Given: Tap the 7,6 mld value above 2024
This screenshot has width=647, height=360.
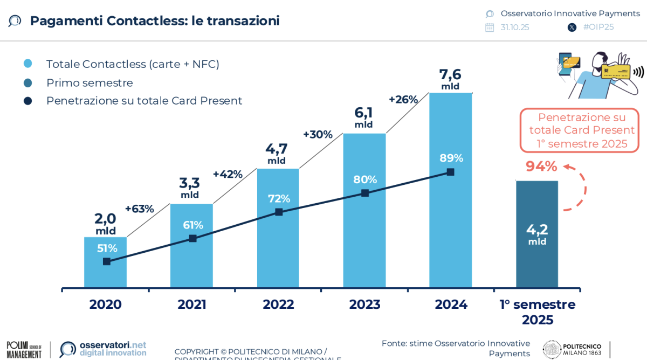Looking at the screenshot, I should pyautogui.click(x=450, y=79).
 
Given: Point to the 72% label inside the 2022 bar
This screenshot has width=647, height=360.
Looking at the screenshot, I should pyautogui.click(x=279, y=198).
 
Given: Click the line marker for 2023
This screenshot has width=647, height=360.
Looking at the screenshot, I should pyautogui.click(x=365, y=193).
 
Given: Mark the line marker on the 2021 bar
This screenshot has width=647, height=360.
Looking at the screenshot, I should pyautogui.click(x=192, y=238).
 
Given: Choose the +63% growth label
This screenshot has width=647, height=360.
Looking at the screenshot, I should pyautogui.click(x=139, y=209).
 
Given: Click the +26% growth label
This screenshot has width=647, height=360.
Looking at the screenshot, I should pyautogui.click(x=403, y=99).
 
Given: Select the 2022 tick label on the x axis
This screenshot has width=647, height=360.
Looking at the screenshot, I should pyautogui.click(x=278, y=304).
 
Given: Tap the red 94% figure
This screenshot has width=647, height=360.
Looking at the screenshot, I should pyautogui.click(x=541, y=167).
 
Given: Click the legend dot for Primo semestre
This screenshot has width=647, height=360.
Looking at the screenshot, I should pyautogui.click(x=28, y=82).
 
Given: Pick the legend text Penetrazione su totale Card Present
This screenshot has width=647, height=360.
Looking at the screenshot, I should pyautogui.click(x=144, y=101).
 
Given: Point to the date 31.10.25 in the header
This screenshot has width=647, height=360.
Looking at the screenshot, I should pyautogui.click(x=514, y=27).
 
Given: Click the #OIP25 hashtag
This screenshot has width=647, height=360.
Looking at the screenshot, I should pyautogui.click(x=598, y=27).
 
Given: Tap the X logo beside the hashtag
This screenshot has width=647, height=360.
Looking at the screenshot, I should pyautogui.click(x=572, y=27).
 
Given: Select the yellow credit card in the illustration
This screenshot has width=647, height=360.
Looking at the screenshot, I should pyautogui.click(x=616, y=71).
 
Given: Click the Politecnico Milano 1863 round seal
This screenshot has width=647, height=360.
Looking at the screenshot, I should pyautogui.click(x=551, y=349).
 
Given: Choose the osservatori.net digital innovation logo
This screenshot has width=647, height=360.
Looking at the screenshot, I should pyautogui.click(x=102, y=349).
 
